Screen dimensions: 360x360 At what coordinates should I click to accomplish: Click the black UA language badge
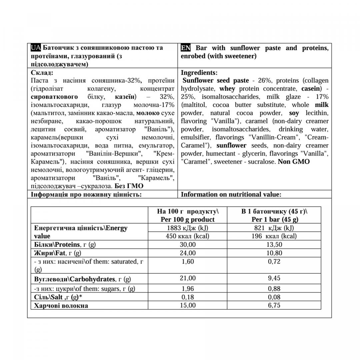[36, 48]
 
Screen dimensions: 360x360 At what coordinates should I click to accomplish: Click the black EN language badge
[186, 48]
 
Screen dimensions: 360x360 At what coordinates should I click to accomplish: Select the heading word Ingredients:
[199, 72]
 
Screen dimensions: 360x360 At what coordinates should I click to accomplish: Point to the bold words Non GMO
[294, 162]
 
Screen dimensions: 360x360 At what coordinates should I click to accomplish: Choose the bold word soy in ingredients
[294, 113]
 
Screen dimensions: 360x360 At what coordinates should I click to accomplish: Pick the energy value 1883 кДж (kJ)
[188, 228]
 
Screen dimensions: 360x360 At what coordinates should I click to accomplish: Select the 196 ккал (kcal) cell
[274, 236]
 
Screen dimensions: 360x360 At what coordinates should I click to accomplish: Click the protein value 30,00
[188, 244]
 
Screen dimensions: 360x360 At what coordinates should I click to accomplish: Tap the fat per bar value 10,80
[274, 253]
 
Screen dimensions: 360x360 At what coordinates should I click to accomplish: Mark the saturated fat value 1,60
[188, 262]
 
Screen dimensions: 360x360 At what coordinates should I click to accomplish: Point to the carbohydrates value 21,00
[188, 278]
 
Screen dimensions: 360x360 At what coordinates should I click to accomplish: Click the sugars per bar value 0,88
[274, 289]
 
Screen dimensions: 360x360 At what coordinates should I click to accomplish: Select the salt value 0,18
[188, 297]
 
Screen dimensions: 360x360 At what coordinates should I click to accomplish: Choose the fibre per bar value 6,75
[274, 305]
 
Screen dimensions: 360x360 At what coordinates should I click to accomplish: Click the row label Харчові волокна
[61, 306]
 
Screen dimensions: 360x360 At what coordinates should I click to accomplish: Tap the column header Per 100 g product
[188, 219]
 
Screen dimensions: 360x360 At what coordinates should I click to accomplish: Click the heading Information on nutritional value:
[231, 194]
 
